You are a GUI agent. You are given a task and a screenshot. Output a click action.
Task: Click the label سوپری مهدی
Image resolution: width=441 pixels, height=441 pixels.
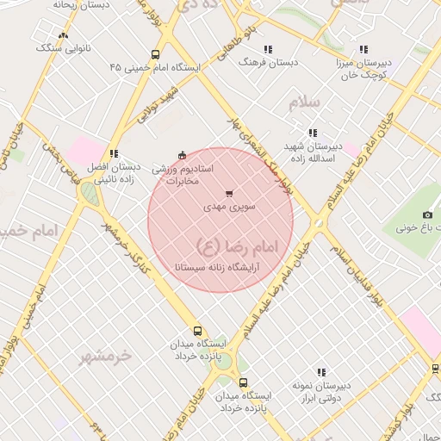coord(227,208)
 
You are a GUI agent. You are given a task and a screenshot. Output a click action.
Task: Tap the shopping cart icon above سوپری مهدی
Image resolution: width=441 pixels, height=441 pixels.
coord(228,194)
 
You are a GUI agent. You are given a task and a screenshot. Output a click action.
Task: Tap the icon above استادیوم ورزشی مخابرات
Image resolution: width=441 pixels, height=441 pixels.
coord(181,155)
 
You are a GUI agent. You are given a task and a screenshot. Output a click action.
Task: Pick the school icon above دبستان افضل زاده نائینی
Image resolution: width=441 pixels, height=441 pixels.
coord(114,153)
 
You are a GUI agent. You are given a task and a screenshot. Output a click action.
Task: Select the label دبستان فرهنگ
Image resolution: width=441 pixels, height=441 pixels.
coord(269,63)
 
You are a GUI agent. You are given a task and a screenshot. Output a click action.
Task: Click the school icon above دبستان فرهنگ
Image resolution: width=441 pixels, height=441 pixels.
coord(268,49)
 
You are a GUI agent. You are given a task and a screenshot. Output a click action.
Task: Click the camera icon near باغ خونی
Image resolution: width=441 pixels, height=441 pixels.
coord(428,214)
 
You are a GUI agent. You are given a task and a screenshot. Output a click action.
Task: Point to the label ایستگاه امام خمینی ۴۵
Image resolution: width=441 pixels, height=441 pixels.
coord(155,66)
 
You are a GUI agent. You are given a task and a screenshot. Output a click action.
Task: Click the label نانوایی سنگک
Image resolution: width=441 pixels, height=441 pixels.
coord(58,48)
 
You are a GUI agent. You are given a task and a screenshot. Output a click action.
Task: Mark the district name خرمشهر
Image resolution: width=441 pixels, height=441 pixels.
coord(109,354)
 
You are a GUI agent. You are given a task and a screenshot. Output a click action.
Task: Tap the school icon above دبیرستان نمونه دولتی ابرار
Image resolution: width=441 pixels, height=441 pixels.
coord(321,373)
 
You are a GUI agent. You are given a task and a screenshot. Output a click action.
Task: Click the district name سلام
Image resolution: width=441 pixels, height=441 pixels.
coord(304,103)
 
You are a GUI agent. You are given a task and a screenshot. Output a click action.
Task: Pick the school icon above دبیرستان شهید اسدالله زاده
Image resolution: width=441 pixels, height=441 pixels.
coord(313,133)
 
